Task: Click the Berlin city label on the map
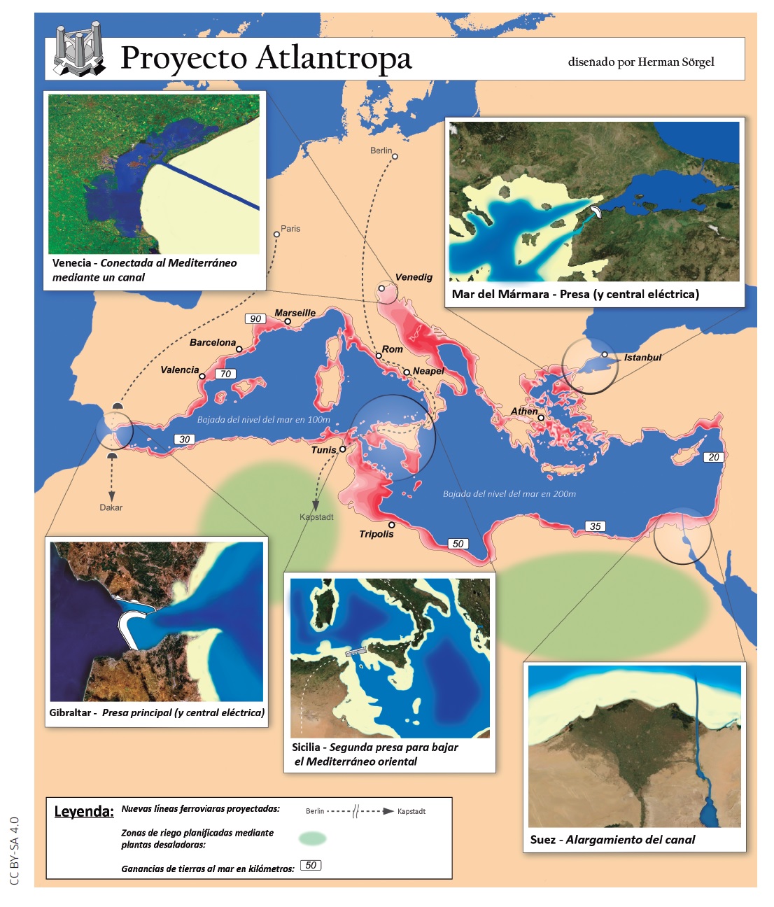[x=381, y=150]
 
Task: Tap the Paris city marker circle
[x=276, y=234]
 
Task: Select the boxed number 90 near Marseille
[x=255, y=319]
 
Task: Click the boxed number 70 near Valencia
[x=225, y=374]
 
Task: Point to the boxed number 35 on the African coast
[x=595, y=526]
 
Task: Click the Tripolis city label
[x=377, y=534]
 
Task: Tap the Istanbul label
[x=642, y=358]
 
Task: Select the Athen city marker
[x=541, y=418]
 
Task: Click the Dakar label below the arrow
[x=111, y=507]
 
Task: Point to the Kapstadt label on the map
[x=316, y=517]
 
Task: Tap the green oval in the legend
[x=312, y=838]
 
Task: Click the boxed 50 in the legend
[x=311, y=866]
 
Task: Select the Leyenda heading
[x=84, y=812]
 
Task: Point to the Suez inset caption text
[x=612, y=840]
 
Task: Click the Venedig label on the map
[x=414, y=277]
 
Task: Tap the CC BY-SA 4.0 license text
[x=15, y=850]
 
